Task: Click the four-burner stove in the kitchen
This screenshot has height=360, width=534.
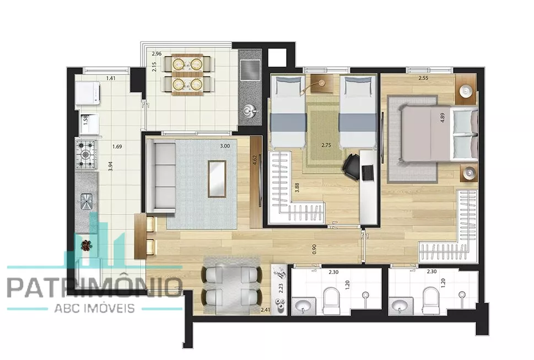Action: (x=85, y=154)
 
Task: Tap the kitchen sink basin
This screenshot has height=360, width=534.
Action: (x=87, y=201)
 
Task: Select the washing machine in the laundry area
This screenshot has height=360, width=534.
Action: (x=88, y=93)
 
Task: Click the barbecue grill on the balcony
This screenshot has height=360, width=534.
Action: (x=250, y=70)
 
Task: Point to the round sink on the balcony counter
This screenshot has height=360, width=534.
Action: (x=250, y=111)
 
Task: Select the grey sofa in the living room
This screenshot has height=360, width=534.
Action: (x=161, y=177)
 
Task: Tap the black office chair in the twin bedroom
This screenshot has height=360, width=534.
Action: (x=352, y=165)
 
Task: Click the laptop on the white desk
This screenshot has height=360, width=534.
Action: (x=368, y=173)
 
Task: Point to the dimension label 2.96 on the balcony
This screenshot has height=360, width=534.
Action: (x=157, y=53)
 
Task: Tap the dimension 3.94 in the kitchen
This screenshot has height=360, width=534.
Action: (x=110, y=165)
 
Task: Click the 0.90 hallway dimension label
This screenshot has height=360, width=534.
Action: (x=314, y=249)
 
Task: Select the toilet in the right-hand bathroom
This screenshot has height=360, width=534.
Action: (x=430, y=301)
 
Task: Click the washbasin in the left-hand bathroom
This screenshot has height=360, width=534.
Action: (x=304, y=306)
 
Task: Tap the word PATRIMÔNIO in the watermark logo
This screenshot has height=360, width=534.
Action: (x=94, y=288)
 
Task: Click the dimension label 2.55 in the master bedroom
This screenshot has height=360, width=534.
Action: (x=423, y=78)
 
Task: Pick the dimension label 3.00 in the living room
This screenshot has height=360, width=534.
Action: (x=225, y=146)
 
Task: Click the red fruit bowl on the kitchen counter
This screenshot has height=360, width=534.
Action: (x=86, y=245)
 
